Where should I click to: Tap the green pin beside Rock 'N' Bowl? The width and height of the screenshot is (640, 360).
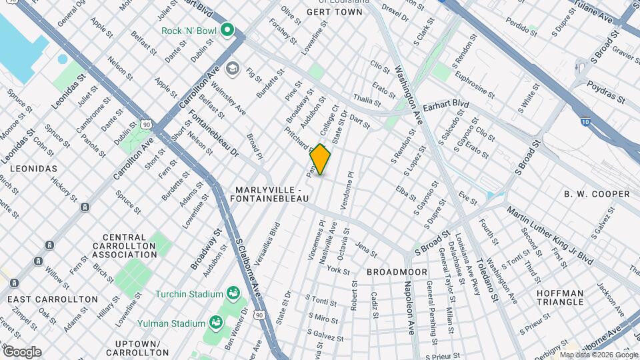[227, 29]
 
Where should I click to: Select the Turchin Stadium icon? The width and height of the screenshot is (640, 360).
[233, 293]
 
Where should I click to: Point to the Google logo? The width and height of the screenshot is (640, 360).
[22, 351]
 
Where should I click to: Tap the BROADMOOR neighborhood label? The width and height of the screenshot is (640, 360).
[393, 272]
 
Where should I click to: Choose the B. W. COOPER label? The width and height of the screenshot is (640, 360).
[597, 194]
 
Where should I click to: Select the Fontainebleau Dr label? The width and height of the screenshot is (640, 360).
[213, 133]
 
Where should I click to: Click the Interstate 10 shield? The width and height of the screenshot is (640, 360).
[585, 122]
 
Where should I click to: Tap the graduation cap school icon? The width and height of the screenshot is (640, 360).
[232, 68]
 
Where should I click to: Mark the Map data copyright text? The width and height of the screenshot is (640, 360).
[599, 354]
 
